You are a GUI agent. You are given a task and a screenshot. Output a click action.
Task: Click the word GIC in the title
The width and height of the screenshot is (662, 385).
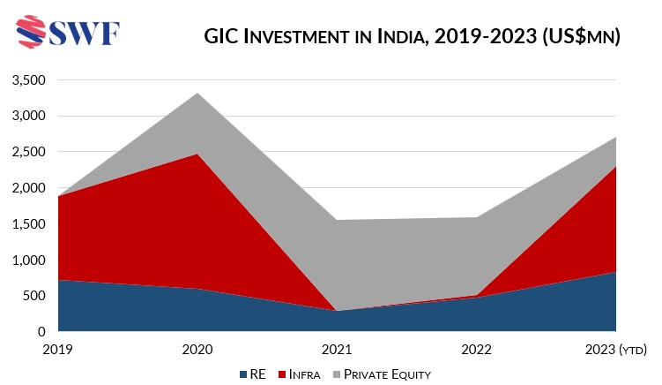(223, 36)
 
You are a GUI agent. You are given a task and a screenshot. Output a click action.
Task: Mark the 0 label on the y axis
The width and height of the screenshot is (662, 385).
(39, 332)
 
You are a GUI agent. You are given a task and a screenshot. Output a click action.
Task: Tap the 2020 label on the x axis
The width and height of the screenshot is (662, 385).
(197, 349)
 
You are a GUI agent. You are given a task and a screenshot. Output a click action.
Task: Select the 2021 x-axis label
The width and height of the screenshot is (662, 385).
(337, 349)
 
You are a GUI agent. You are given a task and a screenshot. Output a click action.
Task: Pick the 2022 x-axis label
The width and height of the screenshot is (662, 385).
(476, 349)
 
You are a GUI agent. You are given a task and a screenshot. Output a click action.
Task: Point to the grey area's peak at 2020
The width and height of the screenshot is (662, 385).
(197, 94)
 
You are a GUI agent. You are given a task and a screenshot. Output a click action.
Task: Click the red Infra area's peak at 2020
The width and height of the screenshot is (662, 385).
(197, 155)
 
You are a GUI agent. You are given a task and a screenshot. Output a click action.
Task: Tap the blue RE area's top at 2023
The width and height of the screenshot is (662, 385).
(614, 273)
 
